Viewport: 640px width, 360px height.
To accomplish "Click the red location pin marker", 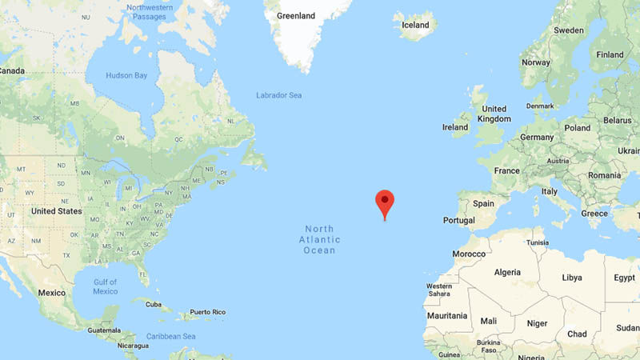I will coord(385,202).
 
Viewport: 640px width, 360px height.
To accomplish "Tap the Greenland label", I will coord(295,15).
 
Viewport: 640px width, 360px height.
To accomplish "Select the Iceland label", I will coord(414,25).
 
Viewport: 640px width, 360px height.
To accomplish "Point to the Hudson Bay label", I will coord(127,76).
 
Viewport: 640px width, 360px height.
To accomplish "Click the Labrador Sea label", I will coord(278,95).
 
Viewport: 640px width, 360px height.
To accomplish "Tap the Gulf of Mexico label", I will coord(105,286).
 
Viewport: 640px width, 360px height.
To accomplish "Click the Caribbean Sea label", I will coord(172,337).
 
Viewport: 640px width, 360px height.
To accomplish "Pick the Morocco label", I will coord(468,254).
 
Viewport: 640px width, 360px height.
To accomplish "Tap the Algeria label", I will coord(507,272).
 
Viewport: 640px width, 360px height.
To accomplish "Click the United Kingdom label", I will coord(494,114).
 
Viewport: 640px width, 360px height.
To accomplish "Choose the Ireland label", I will coord(455,127).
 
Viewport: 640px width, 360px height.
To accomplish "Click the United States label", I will coord(56,211).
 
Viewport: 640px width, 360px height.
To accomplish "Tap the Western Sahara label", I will coord(438,290).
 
